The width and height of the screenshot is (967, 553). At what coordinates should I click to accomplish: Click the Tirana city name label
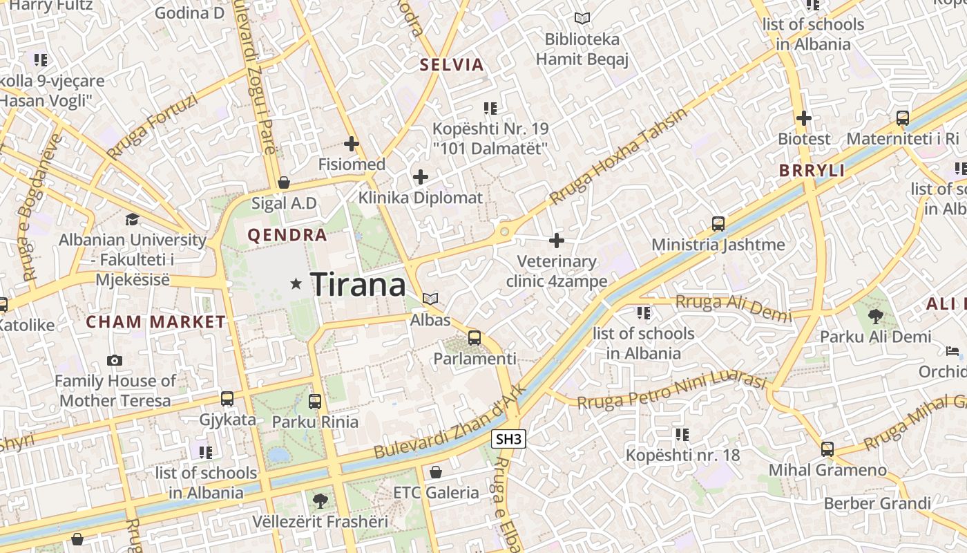358,284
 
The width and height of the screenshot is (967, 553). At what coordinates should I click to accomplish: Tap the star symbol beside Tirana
296,283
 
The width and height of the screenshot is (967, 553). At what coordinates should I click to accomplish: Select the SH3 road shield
509,439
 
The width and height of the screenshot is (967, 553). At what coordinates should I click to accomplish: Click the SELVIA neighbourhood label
452,65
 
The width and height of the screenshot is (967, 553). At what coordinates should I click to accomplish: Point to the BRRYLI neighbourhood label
812,171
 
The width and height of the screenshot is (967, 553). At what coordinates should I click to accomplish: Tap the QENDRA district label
287,235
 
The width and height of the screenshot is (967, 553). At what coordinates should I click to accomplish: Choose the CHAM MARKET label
155,321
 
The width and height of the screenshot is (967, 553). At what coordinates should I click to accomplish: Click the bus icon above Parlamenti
474,338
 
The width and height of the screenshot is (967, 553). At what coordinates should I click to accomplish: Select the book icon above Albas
430,299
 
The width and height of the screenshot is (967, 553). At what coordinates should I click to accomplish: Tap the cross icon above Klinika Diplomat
420,177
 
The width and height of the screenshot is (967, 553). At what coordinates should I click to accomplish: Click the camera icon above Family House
115,360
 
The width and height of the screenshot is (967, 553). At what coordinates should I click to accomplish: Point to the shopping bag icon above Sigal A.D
283,182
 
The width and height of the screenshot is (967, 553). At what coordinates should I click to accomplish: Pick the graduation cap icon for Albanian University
132,219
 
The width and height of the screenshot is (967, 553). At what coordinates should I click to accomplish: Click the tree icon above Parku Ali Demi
876,317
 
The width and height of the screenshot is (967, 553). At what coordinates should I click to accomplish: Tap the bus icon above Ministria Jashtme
718,224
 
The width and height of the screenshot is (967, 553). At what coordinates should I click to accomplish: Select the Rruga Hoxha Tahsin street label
619,156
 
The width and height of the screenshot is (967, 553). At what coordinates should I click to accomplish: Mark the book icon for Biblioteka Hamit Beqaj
582,19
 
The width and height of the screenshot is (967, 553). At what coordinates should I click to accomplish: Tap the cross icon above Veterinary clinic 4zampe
557,241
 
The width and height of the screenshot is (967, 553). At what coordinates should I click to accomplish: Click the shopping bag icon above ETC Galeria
435,472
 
